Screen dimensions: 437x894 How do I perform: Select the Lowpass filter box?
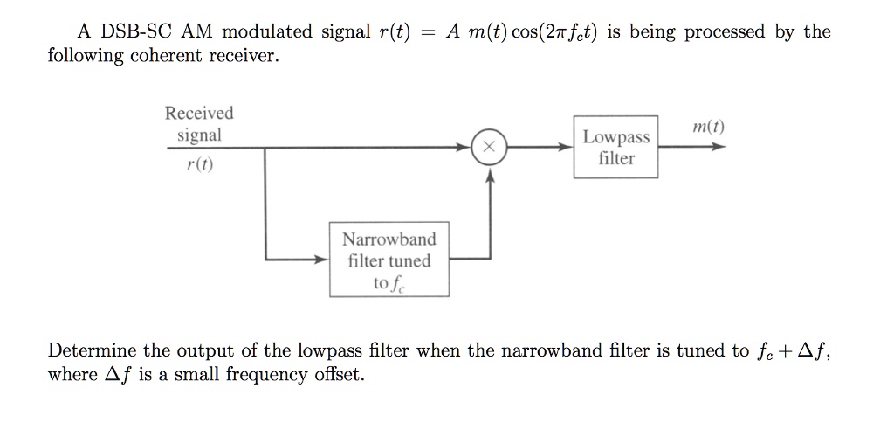(615, 148)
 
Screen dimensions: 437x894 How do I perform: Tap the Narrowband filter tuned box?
(389, 260)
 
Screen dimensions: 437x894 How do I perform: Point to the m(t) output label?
(706, 128)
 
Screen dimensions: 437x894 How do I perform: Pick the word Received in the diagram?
(199, 113)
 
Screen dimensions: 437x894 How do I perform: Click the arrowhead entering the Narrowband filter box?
(322, 260)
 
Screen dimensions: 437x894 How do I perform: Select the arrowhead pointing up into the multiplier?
(489, 176)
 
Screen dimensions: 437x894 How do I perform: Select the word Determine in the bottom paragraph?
(92, 351)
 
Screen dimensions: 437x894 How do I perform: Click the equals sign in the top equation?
(428, 33)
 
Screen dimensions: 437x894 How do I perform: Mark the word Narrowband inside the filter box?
(389, 239)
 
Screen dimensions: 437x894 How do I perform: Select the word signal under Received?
(199, 135)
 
